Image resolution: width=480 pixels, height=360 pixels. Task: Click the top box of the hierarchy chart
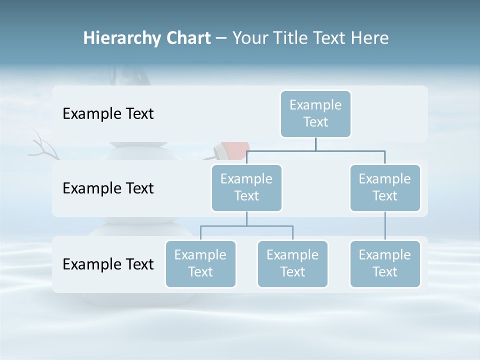click(x=315, y=114)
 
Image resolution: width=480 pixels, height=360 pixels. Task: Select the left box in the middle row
click(x=246, y=188)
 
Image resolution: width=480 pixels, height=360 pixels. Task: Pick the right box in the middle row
click(x=385, y=188)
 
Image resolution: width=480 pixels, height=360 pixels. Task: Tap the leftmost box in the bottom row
click(x=200, y=264)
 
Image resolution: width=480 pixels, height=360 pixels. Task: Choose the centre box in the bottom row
click(x=292, y=264)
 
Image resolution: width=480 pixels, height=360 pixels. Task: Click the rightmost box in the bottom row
click(x=385, y=264)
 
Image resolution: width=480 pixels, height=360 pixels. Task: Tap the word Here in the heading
click(x=369, y=38)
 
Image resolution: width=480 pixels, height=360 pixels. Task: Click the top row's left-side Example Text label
click(x=108, y=114)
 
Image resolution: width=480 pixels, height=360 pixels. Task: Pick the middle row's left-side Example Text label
click(x=108, y=188)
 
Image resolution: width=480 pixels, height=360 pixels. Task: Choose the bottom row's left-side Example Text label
click(x=108, y=264)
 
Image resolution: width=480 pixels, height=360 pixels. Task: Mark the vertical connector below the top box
click(x=315, y=144)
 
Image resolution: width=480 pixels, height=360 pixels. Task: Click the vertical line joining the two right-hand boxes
click(x=385, y=226)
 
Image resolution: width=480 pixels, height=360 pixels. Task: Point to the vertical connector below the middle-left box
click(x=246, y=219)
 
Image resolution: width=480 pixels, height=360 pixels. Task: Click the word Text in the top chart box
click(x=315, y=122)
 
